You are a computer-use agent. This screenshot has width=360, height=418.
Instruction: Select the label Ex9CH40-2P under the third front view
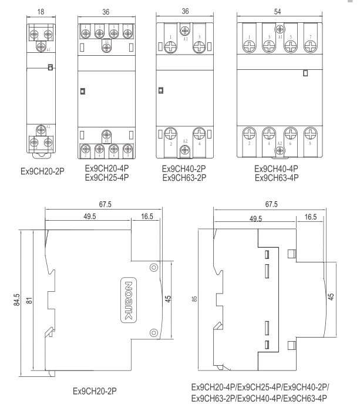184,168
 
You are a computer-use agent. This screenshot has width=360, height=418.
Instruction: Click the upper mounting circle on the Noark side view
153,268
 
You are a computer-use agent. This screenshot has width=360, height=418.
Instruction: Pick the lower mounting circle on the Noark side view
153,332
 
